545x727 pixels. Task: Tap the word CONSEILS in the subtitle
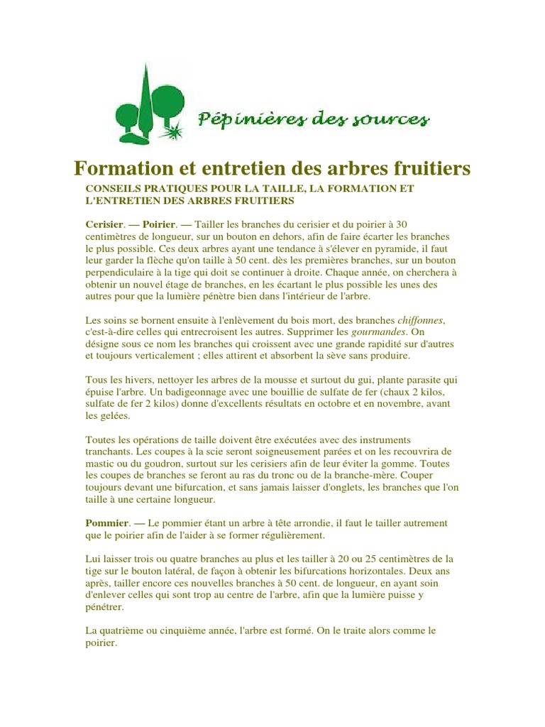coord(113,189)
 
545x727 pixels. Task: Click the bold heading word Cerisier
coord(104,224)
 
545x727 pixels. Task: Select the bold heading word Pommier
coord(105,523)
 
